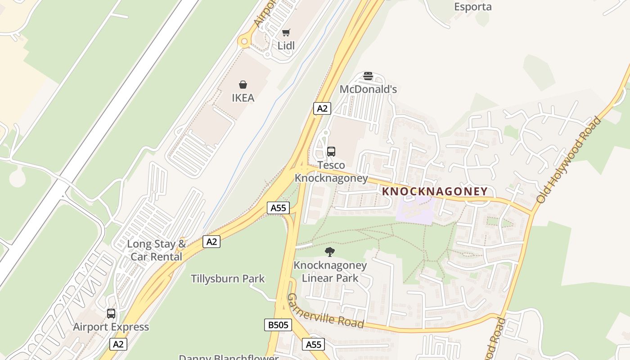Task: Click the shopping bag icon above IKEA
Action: pos(243,85)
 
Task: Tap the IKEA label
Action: pos(243,98)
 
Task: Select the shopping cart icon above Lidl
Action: pos(286,33)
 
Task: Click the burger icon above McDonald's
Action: pos(368,76)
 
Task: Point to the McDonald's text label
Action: pos(368,89)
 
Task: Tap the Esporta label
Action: pos(472,7)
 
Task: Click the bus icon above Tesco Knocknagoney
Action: pos(331,152)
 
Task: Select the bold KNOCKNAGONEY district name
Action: pos(435,191)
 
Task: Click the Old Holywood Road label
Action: pos(569,160)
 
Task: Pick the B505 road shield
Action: pos(278,325)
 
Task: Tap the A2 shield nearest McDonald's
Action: pos(322,108)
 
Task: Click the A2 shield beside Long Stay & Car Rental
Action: pos(211,242)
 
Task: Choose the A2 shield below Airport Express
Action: pos(118,344)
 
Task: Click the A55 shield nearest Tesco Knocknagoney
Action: pos(278,207)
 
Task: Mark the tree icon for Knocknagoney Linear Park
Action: pos(330,252)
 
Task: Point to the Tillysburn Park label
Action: pos(228,279)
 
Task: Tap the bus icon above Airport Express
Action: pos(111,314)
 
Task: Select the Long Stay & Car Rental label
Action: pos(156,250)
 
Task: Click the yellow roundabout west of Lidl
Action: pos(244,42)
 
